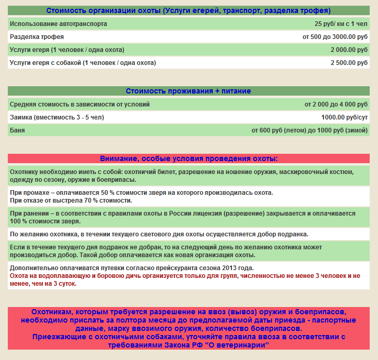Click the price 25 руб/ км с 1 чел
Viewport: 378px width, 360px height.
click(341, 24)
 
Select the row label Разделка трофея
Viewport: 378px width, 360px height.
click(37, 37)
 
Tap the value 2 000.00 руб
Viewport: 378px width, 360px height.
click(349, 50)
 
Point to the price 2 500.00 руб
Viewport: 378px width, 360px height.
click(349, 63)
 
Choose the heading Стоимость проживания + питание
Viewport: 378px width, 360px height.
click(188, 91)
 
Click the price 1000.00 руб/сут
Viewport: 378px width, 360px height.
click(345, 117)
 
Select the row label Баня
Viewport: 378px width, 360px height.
click(17, 130)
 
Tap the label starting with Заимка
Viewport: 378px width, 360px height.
click(57, 117)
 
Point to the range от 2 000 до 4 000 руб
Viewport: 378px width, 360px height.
click(336, 104)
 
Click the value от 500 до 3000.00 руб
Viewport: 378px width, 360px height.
click(335, 37)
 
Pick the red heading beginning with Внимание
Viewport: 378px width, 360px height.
click(188, 158)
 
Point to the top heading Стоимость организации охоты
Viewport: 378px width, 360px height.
click(188, 10)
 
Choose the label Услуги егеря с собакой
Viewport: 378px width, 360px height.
click(83, 63)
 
